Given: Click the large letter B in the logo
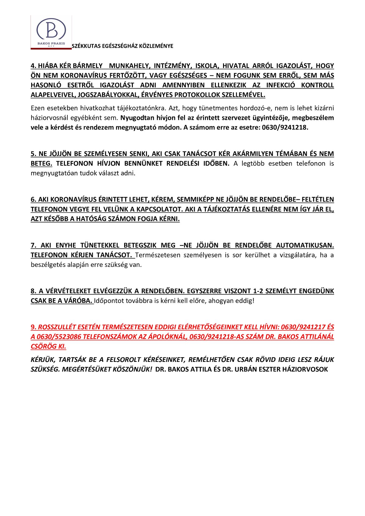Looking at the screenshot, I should pyautogui.click(x=51, y=30).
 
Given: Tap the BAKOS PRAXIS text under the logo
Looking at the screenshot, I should pyautogui.click(x=51, y=43).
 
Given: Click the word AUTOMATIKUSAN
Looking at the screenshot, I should pyautogui.click(x=305, y=245).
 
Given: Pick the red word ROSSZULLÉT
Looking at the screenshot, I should pyautogui.click(x=57, y=327).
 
